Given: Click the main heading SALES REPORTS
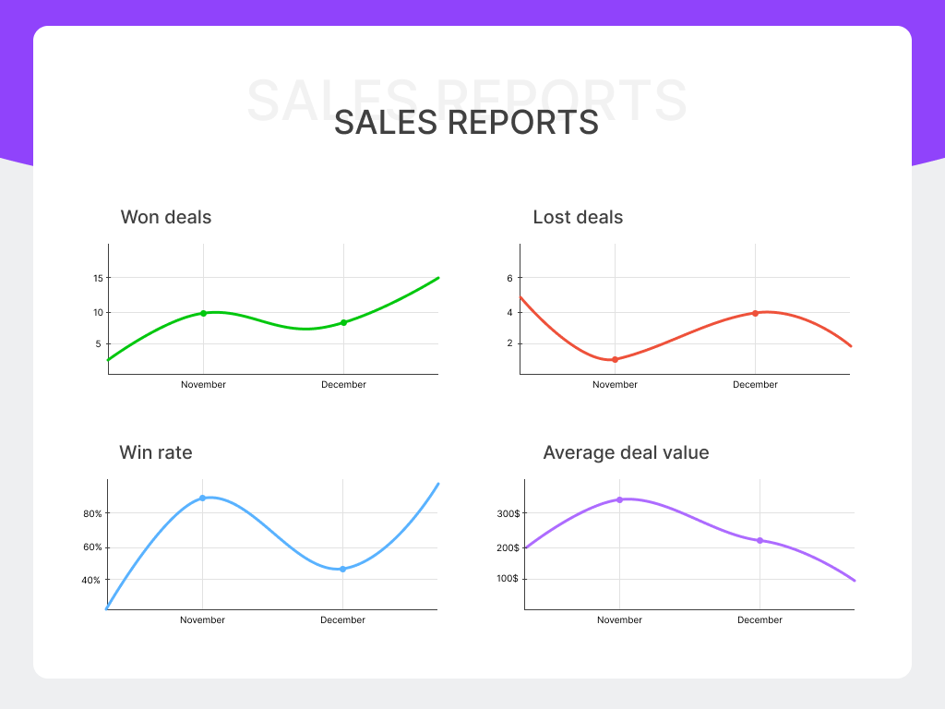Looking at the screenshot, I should click(x=466, y=122).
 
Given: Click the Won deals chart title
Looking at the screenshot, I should click(x=166, y=218).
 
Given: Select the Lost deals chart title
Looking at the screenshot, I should click(x=578, y=218).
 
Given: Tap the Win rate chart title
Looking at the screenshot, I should click(x=156, y=453).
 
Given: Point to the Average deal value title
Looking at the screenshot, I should click(x=626, y=453).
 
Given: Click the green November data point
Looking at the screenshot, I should click(x=203, y=313).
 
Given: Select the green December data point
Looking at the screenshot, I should click(x=343, y=322).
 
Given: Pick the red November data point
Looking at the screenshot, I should click(x=615, y=359).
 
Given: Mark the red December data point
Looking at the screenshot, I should click(x=755, y=313).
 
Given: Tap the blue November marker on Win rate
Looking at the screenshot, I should click(x=202, y=498).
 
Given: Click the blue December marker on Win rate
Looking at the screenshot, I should click(x=342, y=569).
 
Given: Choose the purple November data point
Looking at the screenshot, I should click(x=619, y=499).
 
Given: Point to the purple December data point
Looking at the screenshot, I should click(x=760, y=540).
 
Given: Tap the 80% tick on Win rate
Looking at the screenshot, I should click(x=92, y=513).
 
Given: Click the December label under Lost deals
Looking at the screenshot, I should click(x=755, y=385).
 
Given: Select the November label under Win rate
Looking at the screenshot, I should click(x=202, y=620).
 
